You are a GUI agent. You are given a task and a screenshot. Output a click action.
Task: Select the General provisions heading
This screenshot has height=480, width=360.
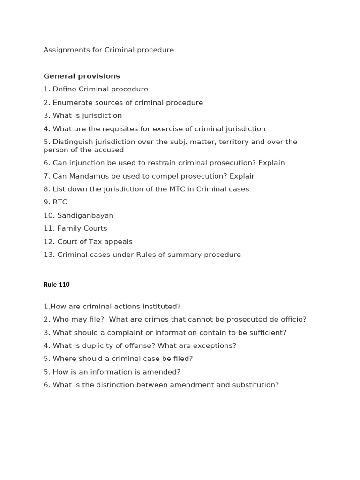[82, 76]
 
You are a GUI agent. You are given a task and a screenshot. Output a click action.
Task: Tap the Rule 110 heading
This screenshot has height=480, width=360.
[56, 285]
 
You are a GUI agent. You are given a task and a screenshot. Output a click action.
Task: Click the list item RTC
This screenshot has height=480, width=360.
[60, 202]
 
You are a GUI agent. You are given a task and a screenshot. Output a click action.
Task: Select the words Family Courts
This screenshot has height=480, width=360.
[82, 228]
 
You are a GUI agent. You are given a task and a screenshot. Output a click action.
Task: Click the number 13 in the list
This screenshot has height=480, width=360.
[49, 255]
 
